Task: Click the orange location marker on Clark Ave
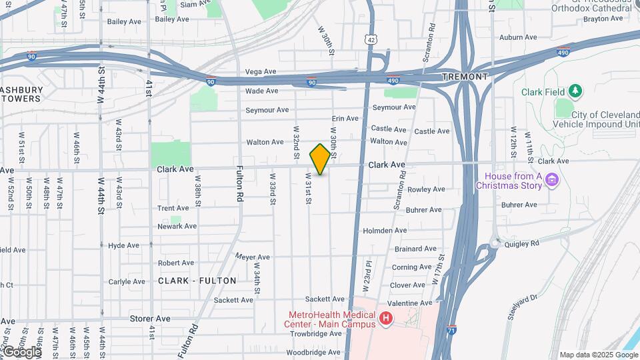pyautogui.click(x=320, y=159)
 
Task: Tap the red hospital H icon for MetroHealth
pyautogui.click(x=385, y=319)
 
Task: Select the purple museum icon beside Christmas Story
pyautogui.click(x=551, y=179)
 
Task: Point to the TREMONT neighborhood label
pyautogui.click(x=464, y=77)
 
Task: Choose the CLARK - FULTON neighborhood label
pyautogui.click(x=197, y=281)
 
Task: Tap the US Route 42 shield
pyautogui.click(x=371, y=40)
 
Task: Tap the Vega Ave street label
pyautogui.click(x=261, y=71)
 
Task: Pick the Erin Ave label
pyautogui.click(x=345, y=118)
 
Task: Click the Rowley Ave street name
pyautogui.click(x=426, y=189)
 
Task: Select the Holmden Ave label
pyautogui.click(x=385, y=231)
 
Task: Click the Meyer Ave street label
pyautogui.click(x=253, y=257)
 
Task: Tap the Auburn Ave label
pyautogui.click(x=518, y=37)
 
